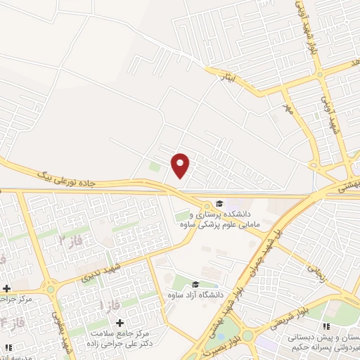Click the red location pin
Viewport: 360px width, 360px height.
tap(181, 165)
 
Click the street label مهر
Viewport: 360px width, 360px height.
tap(286, 108)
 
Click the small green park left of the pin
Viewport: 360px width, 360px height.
tap(154, 167)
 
